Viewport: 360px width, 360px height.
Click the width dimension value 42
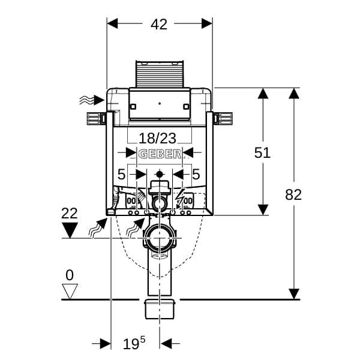pos(159,25)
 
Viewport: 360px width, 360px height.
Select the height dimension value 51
pos(262,153)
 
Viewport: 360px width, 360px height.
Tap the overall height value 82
pos(293,194)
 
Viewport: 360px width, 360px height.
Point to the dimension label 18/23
pos(158,138)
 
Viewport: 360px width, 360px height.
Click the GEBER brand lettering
pos(160,154)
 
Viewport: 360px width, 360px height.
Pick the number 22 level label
pos(70,213)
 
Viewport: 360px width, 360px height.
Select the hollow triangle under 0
pos(71,292)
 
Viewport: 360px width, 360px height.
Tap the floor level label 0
pos(70,275)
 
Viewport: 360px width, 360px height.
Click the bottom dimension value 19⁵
pos(134,344)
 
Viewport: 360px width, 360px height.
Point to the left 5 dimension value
pos(121,175)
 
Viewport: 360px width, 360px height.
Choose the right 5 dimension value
pos(196,175)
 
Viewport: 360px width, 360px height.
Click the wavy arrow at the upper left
pos(88,100)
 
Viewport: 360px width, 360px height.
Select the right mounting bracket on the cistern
pos(223,118)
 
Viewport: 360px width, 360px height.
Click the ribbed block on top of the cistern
pos(160,74)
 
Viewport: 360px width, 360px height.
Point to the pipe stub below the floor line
pos(160,309)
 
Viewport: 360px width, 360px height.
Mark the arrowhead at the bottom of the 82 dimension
pos(293,293)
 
